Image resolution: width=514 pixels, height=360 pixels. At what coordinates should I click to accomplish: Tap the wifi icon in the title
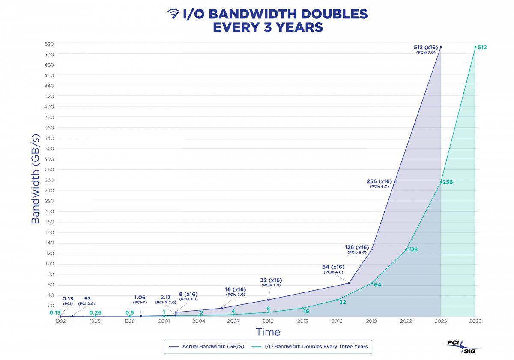coord(173,14)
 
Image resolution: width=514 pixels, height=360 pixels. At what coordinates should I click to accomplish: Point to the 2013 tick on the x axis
coord(302,321)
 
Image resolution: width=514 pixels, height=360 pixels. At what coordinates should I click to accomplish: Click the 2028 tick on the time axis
coord(475,321)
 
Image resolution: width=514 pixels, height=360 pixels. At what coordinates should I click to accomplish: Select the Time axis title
coord(268,332)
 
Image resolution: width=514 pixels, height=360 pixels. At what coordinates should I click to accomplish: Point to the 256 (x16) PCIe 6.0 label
coord(379,184)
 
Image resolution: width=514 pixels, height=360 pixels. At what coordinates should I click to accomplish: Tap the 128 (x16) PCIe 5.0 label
coord(356,250)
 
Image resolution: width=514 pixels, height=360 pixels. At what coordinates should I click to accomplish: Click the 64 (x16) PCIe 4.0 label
coord(333,269)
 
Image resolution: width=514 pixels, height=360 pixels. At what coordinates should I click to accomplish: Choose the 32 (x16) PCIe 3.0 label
coord(271,283)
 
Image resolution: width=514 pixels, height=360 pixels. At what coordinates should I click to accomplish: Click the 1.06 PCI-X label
coord(140,299)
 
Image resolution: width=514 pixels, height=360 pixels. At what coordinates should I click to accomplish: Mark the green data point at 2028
coord(475,47)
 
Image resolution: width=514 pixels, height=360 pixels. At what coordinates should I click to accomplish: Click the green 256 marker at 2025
coord(441,182)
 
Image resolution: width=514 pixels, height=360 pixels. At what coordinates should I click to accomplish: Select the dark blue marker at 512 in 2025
coord(441,47)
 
